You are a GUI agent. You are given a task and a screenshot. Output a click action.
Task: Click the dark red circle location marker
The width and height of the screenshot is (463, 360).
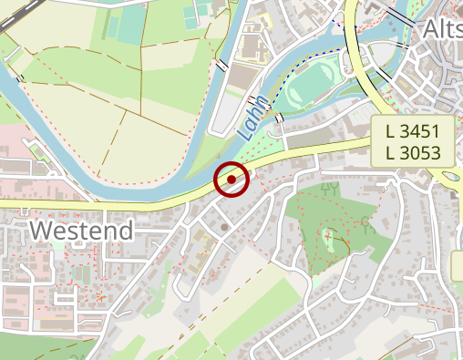tap(231, 179)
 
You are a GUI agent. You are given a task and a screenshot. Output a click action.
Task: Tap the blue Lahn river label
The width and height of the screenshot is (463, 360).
tap(254, 117)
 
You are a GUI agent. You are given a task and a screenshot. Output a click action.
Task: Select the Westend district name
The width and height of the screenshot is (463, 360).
tap(81, 231)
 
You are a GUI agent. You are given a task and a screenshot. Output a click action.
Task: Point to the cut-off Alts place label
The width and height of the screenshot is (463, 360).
tap(441, 31)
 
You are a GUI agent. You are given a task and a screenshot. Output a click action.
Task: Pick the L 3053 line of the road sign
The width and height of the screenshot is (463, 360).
tap(413, 153)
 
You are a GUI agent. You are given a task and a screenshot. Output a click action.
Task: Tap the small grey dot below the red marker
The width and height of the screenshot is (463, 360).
tap(224, 226)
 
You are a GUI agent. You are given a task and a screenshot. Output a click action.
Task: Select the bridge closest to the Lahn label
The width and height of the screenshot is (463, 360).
tap(279, 118)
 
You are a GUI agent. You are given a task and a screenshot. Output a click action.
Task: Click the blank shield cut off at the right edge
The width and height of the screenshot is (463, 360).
tap(458, 266)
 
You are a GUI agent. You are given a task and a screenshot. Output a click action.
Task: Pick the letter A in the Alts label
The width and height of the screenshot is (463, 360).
tap(431, 31)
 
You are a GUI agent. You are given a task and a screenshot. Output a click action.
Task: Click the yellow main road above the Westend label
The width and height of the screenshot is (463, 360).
tap(91, 203)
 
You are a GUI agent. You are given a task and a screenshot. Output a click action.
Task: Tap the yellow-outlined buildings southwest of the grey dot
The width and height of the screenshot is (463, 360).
tap(202, 241)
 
